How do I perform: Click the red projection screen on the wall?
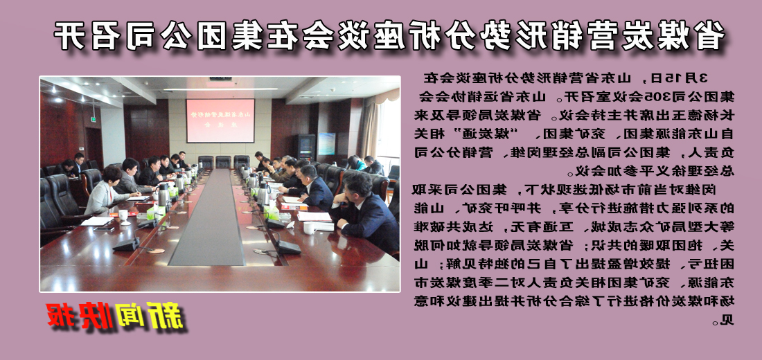(220, 120)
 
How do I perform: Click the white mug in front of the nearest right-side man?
(308, 226)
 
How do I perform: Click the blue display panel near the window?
(326, 145)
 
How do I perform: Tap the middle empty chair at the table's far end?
(222, 161)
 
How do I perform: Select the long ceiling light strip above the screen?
(220, 89)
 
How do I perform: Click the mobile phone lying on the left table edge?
(104, 228)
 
